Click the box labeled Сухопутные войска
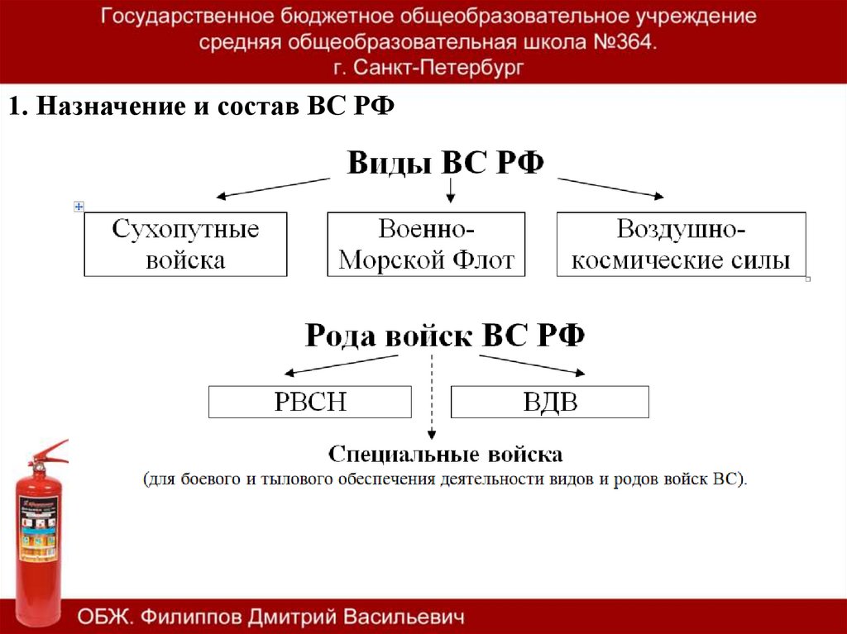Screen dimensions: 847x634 pyautogui.click(x=185, y=244)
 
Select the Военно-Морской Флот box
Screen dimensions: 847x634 pyautogui.click(x=426, y=244)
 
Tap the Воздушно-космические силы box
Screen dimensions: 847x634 pyautogui.click(x=681, y=244)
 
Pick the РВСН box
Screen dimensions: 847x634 pyautogui.click(x=309, y=402)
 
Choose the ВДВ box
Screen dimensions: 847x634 pyautogui.click(x=549, y=402)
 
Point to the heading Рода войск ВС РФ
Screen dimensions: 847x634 pyautogui.click(x=445, y=336)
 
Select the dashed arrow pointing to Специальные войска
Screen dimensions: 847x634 pyautogui.click(x=432, y=397)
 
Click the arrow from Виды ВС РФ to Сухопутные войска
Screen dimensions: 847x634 pyautogui.click(x=273, y=188)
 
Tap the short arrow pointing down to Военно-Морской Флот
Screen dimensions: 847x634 pyautogui.click(x=450, y=191)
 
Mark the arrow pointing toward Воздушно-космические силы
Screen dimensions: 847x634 pyautogui.click(x=610, y=188)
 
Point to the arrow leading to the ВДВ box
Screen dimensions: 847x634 pyautogui.click(x=533, y=364)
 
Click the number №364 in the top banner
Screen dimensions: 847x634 pyautogui.click(x=628, y=42)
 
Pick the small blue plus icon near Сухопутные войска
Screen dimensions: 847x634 pyautogui.click(x=79, y=206)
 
